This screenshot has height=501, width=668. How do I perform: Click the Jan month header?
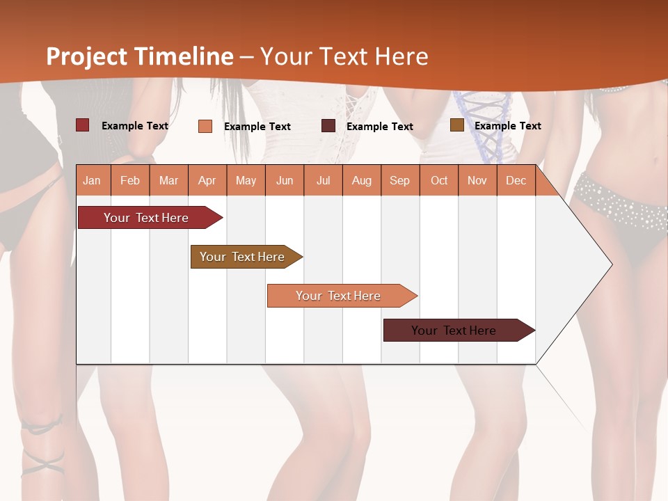coord(92,180)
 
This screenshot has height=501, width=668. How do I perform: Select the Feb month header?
coord(130,180)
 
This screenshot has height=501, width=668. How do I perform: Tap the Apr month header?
coord(207,180)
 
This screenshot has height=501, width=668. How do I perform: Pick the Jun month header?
coord(285,180)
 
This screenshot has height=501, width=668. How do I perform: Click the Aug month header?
coord(362,180)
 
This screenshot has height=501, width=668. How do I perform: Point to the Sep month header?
coord(399,180)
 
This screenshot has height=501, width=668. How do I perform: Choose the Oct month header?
coord(439,180)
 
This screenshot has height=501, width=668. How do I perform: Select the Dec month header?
coord(516,180)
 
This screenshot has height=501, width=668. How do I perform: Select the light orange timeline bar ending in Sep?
coord(340,296)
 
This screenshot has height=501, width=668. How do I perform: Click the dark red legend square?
coord(83,125)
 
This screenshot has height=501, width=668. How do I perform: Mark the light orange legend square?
coord(205,126)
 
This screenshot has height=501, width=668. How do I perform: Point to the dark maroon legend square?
coord(328,126)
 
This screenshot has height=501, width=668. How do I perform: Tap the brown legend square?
coord(456,125)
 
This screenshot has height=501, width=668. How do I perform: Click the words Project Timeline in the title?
coord(140,56)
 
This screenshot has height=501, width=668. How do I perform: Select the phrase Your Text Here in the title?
coord(344,56)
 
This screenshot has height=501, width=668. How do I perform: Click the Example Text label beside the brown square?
coord(507,126)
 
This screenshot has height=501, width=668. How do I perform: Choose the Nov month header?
coord(477,180)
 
